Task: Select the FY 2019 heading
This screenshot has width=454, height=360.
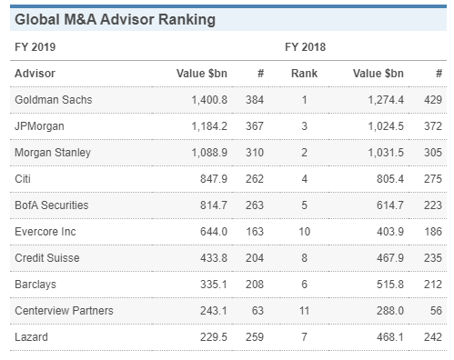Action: coord(35,46)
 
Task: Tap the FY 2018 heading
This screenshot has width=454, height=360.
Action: coord(304,46)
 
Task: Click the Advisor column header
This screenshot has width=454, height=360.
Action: coord(35,73)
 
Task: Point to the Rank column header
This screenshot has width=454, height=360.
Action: coord(304,73)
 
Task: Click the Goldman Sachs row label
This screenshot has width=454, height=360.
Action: coord(52,99)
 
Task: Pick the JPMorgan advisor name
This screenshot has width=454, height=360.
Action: coord(40,125)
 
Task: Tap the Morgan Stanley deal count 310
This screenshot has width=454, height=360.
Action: coord(253,152)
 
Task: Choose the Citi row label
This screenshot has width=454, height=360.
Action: coord(24,178)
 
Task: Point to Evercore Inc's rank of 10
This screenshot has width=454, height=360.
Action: coord(304,232)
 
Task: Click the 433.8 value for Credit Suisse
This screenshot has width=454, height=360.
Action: coord(209,258)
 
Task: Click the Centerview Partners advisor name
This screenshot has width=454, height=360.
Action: coord(64,311)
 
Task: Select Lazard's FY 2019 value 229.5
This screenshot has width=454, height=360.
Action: coord(209,337)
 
